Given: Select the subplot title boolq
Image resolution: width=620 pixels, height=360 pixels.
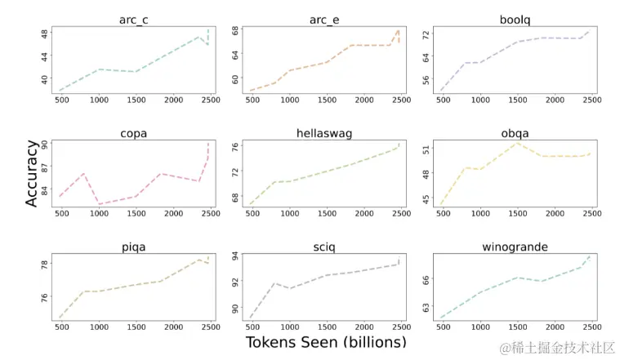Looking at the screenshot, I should pyautogui.click(x=514, y=18).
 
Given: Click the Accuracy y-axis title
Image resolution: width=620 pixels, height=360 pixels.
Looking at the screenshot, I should pyautogui.click(x=31, y=173).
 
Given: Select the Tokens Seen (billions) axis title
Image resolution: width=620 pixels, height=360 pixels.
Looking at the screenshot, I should pyautogui.click(x=325, y=343).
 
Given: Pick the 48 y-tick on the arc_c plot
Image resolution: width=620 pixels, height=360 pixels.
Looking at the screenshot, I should pyautogui.click(x=42, y=34).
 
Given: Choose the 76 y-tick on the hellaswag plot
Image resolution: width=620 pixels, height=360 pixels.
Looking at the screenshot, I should pyautogui.click(x=234, y=148).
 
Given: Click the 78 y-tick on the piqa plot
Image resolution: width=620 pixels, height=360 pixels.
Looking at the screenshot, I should pyautogui.click(x=42, y=264).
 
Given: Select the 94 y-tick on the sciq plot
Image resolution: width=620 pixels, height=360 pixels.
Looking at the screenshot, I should pyautogui.click(x=234, y=256).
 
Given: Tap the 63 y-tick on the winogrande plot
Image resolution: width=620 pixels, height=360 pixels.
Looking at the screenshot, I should pyautogui.click(x=424, y=309).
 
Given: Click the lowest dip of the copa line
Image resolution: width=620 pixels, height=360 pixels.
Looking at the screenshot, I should pyautogui.click(x=99, y=203).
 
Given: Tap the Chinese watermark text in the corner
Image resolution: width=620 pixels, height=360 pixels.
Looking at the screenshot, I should pyautogui.click(x=558, y=347).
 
